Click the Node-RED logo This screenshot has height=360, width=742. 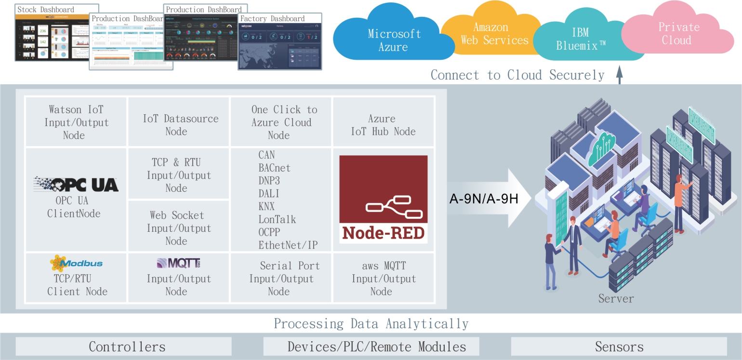click(384, 199)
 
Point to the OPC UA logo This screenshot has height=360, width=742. click(76, 185)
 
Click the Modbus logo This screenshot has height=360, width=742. click(76, 263)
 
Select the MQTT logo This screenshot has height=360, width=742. click(178, 263)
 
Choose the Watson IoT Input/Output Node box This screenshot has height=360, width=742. click(76, 122)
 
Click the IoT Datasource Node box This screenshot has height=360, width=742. click(179, 125)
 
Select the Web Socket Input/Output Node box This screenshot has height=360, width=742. click(179, 228)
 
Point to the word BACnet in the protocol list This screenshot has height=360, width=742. click(274, 168)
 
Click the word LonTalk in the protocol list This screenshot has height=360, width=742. click(277, 220)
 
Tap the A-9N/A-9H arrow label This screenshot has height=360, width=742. click(483, 198)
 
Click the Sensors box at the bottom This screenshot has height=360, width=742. click(619, 347)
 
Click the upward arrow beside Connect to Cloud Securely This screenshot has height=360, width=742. click(620, 76)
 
